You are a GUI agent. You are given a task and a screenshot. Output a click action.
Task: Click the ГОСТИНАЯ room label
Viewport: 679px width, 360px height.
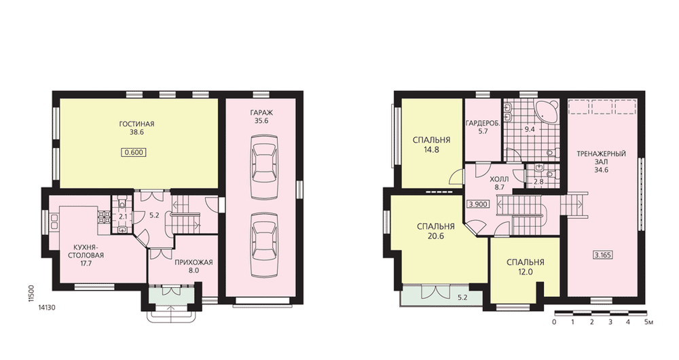pyautogui.click(x=136, y=124)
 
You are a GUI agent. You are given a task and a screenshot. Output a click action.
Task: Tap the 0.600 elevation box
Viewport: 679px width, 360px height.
pyautogui.click(x=134, y=152)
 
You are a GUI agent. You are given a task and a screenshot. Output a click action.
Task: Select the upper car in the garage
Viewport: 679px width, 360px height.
pyautogui.click(x=264, y=160)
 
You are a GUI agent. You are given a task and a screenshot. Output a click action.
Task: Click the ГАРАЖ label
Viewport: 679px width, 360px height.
pyautogui.click(x=261, y=113)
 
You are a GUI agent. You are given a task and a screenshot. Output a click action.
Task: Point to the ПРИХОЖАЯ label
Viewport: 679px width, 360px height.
pyautogui.click(x=194, y=262)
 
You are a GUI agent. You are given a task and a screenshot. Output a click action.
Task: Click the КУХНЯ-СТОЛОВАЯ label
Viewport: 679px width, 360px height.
pyautogui.click(x=86, y=251)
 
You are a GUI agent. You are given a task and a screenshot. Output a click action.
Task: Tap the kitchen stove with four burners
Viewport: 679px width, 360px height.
pyautogui.click(x=104, y=217)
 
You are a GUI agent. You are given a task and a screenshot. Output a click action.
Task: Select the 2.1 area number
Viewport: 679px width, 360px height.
pyautogui.click(x=123, y=217)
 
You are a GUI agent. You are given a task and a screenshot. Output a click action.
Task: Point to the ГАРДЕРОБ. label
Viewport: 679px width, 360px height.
pyautogui.click(x=483, y=124)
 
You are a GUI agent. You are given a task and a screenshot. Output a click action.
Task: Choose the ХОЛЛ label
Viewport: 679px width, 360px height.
pyautogui.click(x=499, y=179)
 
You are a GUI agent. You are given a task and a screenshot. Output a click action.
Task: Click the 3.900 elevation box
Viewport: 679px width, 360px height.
pyautogui.click(x=478, y=204)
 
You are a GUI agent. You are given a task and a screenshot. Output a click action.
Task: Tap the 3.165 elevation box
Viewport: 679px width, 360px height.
pyautogui.click(x=602, y=255)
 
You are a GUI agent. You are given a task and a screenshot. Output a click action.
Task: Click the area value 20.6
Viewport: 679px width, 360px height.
pyautogui.click(x=436, y=236)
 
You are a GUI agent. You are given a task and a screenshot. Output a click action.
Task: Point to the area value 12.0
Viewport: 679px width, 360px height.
pyautogui.click(x=525, y=272)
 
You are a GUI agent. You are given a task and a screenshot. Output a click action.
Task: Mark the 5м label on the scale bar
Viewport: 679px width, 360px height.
pyautogui.click(x=648, y=323)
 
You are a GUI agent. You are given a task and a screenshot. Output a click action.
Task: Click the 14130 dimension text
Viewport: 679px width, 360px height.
pyautogui.click(x=45, y=307)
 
